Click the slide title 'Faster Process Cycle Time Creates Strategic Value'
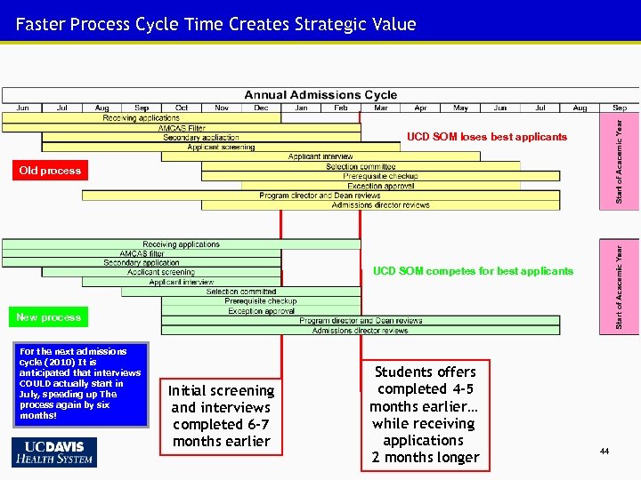215,24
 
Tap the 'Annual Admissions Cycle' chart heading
320,95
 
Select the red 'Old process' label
50,171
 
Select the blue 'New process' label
48,317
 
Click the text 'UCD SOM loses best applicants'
486,137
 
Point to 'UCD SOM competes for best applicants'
473,271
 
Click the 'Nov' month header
222,108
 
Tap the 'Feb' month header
341,108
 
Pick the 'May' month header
460,108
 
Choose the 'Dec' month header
261,108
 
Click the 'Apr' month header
420,108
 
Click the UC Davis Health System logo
54,452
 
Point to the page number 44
604,452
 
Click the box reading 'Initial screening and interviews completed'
222,416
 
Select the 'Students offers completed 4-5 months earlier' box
425,414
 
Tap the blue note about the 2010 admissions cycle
80,384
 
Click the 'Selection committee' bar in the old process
361,166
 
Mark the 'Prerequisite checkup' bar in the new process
261,301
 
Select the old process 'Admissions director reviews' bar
380,205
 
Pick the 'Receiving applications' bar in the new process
182,244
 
